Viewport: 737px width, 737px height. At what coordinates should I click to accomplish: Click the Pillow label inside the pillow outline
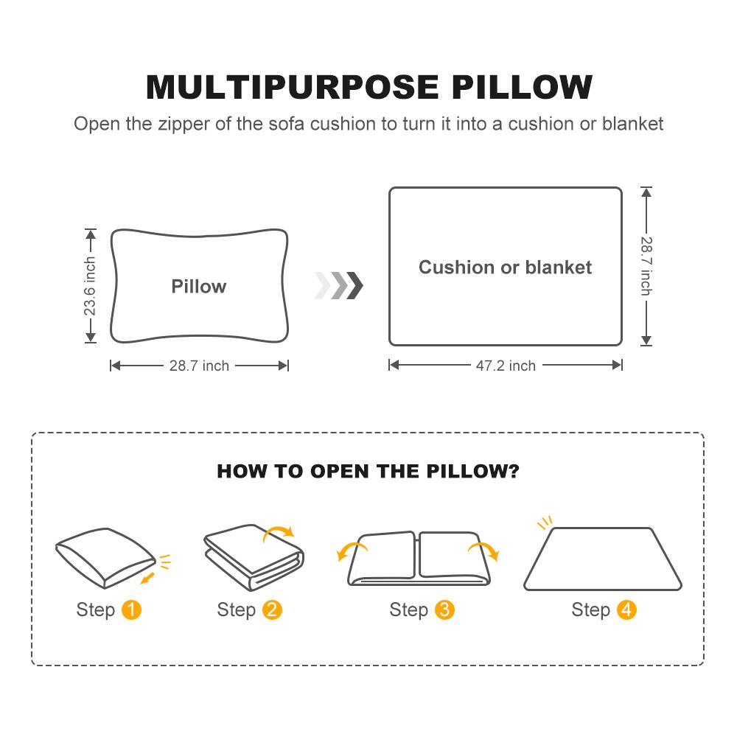[199, 287]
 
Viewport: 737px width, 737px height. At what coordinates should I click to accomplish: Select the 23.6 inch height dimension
[90, 286]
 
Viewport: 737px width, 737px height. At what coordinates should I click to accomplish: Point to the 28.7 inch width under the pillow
[199, 366]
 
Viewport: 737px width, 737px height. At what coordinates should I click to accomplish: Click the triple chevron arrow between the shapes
[338, 285]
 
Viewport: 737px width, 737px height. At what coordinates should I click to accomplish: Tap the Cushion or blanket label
[505, 267]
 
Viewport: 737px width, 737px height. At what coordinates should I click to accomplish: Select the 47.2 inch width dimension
[506, 366]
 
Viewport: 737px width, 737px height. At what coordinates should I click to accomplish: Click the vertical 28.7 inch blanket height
[646, 266]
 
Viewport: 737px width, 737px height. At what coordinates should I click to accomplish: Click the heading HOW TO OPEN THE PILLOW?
[368, 472]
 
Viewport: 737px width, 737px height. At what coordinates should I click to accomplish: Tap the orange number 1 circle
[131, 610]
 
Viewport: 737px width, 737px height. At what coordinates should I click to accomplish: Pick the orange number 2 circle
[272, 610]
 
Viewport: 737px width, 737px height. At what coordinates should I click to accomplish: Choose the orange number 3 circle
[444, 610]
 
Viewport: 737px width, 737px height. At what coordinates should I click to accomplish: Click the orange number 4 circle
[626, 610]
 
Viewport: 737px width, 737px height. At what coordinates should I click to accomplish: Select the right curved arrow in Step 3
[484, 550]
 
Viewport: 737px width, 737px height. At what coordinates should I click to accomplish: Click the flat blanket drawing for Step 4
[603, 560]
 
